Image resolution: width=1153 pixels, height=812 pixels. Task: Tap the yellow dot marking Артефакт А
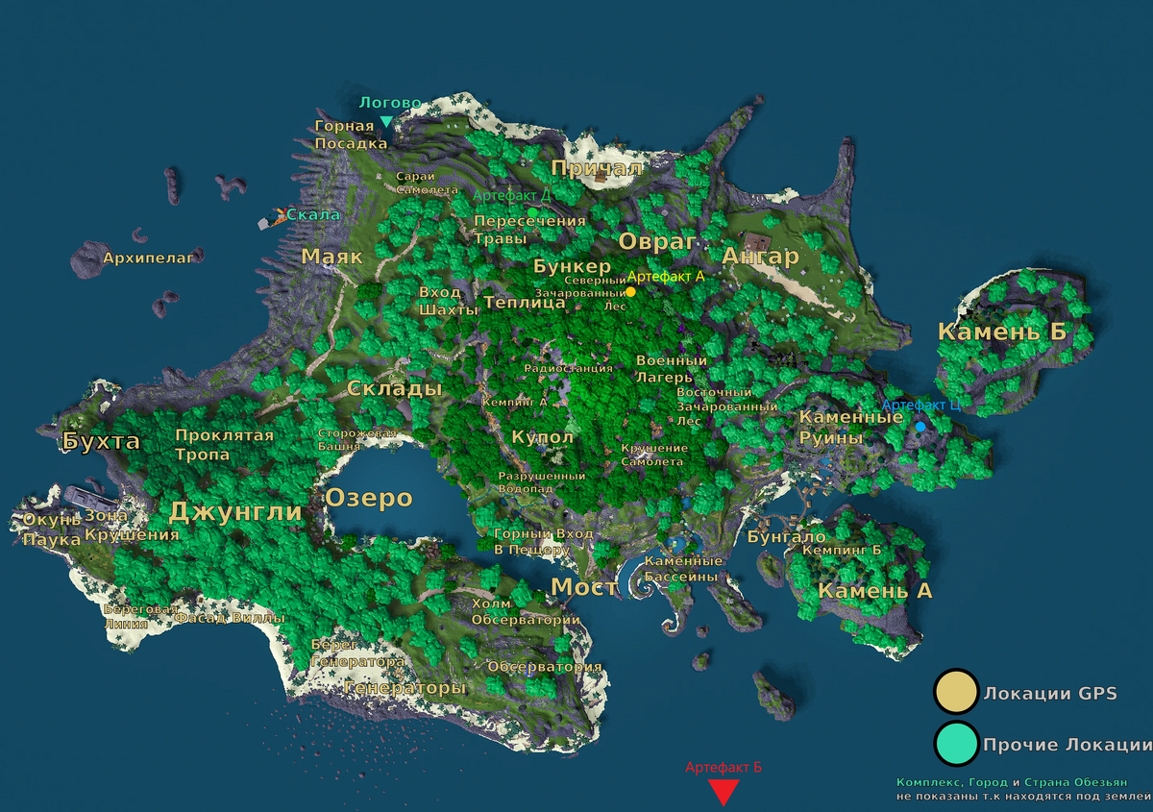coord(630,291)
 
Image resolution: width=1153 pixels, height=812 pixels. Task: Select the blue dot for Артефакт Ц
coord(920,426)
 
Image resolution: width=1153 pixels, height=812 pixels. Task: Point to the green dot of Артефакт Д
coord(531,211)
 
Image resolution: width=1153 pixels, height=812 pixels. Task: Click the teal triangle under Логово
coord(386,122)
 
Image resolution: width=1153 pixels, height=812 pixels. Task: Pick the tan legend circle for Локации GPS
coord(956,693)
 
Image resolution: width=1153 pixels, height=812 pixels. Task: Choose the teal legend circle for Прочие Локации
coord(956,745)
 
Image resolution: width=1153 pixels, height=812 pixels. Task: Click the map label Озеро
coord(368,499)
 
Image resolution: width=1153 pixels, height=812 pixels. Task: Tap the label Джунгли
coord(235,512)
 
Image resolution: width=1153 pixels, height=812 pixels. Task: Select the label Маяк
coord(331,257)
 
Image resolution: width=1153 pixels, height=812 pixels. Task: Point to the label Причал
coord(596,169)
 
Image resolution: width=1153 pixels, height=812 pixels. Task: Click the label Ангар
coord(760,257)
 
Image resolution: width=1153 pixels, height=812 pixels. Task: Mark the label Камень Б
coord(1003,332)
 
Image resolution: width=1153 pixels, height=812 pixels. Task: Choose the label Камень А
coord(874,591)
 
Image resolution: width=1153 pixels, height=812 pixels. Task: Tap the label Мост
coord(580,587)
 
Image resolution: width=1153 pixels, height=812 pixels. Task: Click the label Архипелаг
coord(149,258)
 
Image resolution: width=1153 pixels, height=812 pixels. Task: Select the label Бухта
coord(101,442)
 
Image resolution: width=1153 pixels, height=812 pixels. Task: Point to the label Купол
coord(543,437)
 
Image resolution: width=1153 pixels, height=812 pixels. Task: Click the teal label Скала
coord(313,214)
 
